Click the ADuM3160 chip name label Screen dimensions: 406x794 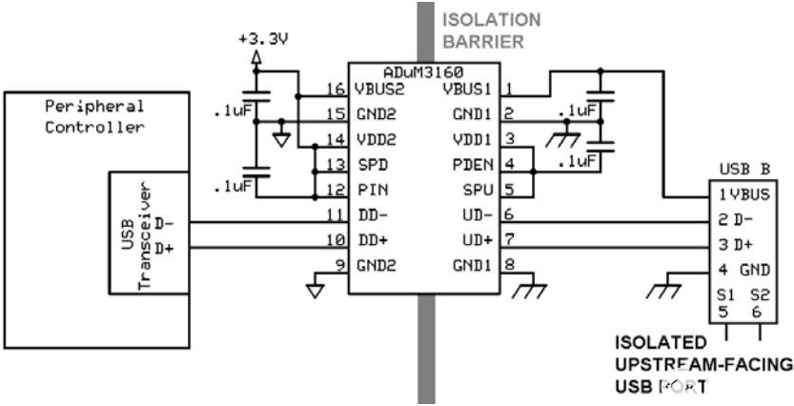point(423,72)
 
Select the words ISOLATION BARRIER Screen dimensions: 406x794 point(492,30)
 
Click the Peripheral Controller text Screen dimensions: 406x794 point(94,117)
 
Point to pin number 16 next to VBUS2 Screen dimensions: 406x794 point(334,90)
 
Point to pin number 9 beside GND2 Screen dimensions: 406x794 point(336,264)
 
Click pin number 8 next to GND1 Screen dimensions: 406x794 point(510,264)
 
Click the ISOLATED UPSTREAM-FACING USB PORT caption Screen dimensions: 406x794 point(702,365)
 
